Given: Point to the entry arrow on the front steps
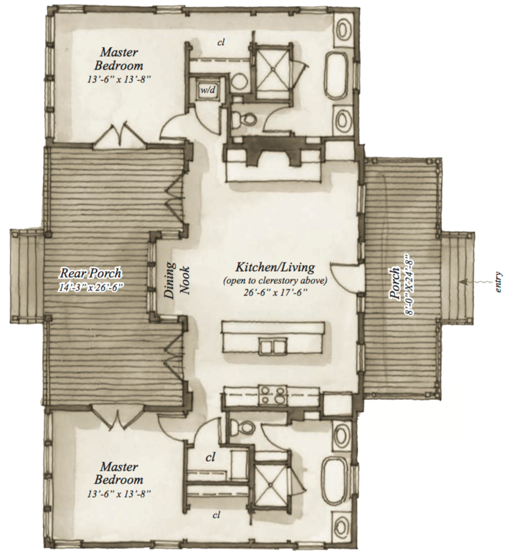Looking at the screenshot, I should tap(471, 281).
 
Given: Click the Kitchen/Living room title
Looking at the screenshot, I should tap(275, 267).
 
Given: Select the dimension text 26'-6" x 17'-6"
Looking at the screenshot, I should tap(276, 292).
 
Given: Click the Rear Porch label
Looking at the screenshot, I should tap(90, 273).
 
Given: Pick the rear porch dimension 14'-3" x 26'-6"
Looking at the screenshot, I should tap(90, 286).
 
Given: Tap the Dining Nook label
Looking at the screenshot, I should tap(177, 280).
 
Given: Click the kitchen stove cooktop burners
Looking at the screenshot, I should tap(271, 396).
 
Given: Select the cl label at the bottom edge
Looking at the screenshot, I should tap(217, 515).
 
